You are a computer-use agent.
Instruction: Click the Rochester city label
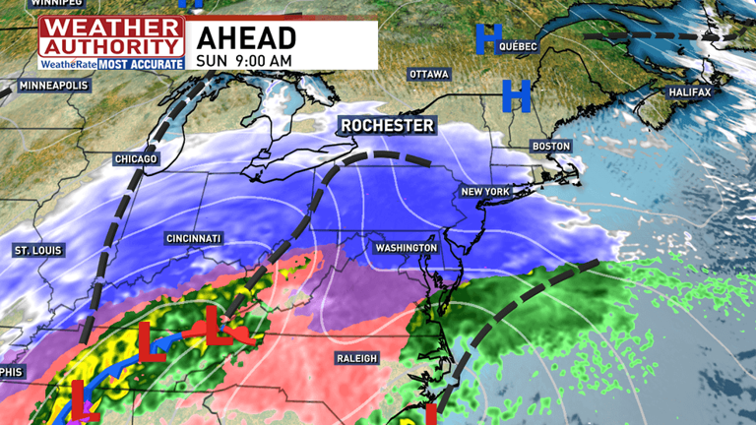point(386,126)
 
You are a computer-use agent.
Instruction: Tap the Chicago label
point(135,159)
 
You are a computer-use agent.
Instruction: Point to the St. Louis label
point(38,251)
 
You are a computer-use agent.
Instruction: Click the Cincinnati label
point(194,239)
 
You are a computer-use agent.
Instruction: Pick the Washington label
point(406,248)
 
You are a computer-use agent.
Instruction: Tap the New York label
point(485,190)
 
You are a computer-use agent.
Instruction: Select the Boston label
point(550,146)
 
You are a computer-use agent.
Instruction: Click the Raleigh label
point(355,358)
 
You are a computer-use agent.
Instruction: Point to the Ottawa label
point(429,75)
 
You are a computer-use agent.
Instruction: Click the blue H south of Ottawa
point(517,96)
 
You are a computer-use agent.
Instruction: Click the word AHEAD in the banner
point(246,37)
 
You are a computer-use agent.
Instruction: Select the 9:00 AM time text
point(266,61)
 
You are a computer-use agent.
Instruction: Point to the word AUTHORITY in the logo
point(111,46)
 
